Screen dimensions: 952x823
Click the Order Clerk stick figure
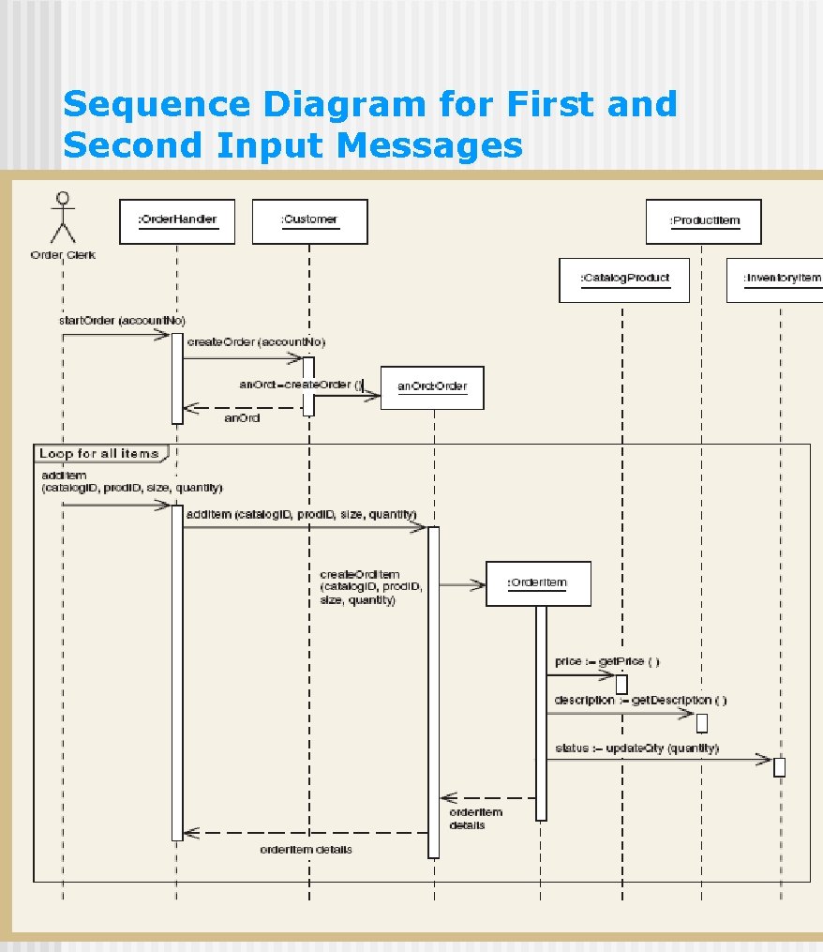[63, 218]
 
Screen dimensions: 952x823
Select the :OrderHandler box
[177, 220]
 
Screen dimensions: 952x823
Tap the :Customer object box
[308, 220]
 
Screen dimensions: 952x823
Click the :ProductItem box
[703, 221]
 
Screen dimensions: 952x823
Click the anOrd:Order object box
[432, 386]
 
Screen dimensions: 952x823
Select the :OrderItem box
[538, 583]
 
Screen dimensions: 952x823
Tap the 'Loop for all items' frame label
[99, 454]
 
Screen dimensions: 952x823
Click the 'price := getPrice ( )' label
[606, 662]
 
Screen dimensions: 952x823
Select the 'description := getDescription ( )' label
[639, 701]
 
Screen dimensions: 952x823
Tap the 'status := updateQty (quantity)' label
[636, 748]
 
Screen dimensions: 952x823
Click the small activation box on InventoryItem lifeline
[779, 767]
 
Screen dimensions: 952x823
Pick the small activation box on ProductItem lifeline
[701, 722]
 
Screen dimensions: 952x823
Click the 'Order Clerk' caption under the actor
[63, 254]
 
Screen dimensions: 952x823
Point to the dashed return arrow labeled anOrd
[244, 408]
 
